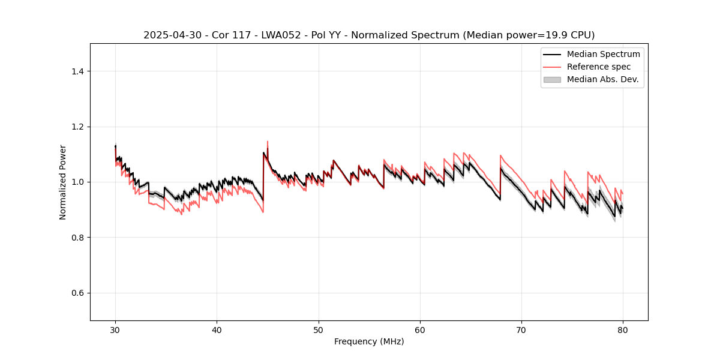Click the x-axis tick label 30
click(115, 330)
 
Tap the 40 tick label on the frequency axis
click(217, 330)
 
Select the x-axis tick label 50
click(319, 330)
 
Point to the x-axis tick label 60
click(420, 330)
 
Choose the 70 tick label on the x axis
click(521, 330)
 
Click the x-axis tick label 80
click(623, 330)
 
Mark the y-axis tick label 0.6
click(77, 293)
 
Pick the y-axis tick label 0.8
click(77, 238)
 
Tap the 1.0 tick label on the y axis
click(77, 182)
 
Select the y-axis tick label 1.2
click(77, 127)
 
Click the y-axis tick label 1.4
click(77, 71)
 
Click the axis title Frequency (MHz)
click(369, 341)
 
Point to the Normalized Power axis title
click(63, 182)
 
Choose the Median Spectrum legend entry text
click(603, 54)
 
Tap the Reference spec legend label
click(599, 67)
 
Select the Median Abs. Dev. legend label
click(602, 79)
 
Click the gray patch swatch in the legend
click(551, 79)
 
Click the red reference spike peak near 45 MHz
click(267, 142)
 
